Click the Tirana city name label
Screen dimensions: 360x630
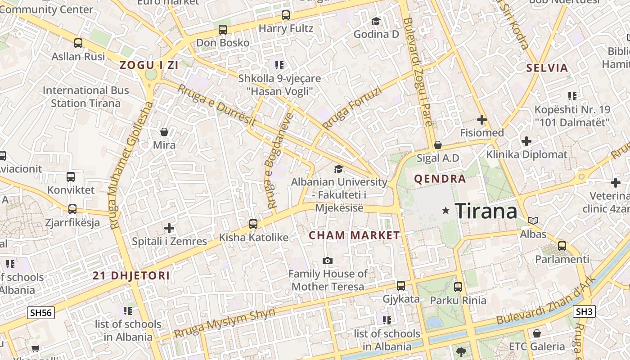pos(486,211)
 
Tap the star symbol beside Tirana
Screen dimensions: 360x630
pos(446,210)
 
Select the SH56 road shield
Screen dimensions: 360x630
pos(40,313)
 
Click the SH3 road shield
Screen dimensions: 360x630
pos(585,311)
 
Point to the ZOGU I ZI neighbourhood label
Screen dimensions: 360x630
pos(149,65)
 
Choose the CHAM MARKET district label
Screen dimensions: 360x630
pos(354,235)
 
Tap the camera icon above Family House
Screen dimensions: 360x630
pos(328,261)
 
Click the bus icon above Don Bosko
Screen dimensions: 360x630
pos(222,30)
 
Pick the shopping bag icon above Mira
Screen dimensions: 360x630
pos(164,132)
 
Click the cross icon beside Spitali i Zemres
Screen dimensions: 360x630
pos(169,228)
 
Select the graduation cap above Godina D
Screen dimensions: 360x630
pos(376,21)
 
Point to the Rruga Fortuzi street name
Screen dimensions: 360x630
pos(352,108)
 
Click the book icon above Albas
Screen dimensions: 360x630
pos(533,220)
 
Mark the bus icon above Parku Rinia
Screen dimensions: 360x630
pos(458,287)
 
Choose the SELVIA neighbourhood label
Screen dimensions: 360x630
pos(547,68)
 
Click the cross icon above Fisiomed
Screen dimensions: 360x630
pos(482,120)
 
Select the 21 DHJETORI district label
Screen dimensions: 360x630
pos(131,276)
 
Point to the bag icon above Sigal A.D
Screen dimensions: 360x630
pos(437,145)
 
